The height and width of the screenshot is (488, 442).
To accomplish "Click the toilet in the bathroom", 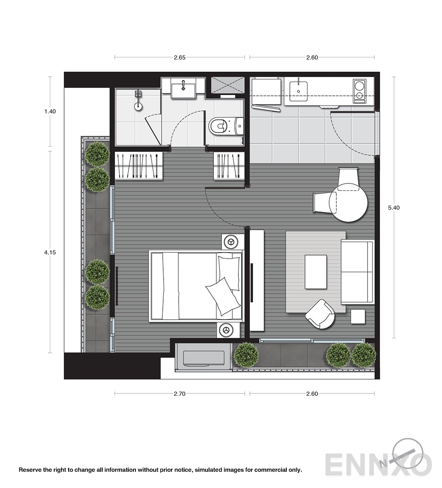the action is (226, 126).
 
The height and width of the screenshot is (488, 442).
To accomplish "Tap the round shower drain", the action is (138, 106).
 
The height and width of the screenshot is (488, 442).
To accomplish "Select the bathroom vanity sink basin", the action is (183, 91).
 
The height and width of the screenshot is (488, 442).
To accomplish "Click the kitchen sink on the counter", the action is (298, 91).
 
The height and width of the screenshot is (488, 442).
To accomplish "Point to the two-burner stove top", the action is (359, 91).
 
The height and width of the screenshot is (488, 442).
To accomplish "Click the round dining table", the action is (349, 202).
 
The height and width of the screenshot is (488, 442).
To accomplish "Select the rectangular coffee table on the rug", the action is (316, 272).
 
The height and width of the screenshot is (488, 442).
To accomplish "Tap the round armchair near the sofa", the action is (320, 314).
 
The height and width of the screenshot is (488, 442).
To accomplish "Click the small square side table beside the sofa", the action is (358, 316).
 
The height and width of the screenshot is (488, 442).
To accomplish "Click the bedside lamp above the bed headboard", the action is (231, 242).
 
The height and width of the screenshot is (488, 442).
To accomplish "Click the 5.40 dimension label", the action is (394, 208).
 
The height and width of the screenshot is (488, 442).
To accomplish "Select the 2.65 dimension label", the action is (179, 57).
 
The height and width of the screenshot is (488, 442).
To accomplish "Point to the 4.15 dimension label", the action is (50, 252).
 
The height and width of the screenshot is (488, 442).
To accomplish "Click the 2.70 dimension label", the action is (179, 394).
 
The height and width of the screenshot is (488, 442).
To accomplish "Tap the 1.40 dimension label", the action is (50, 111).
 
